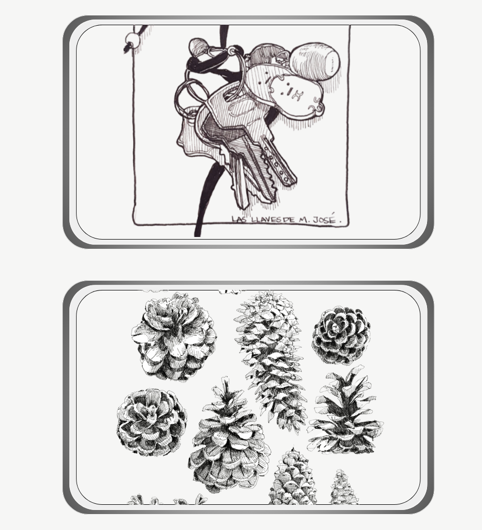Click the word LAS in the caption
coord(239,220)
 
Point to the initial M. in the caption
coord(303,220)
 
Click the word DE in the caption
coord(289,220)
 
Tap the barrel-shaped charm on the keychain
coord(314,61)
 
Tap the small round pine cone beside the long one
coord(341,335)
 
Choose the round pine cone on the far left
coord(152,422)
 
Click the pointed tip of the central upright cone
coord(225,377)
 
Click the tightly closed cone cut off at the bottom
coord(293,477)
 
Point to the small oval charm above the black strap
coord(198,46)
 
